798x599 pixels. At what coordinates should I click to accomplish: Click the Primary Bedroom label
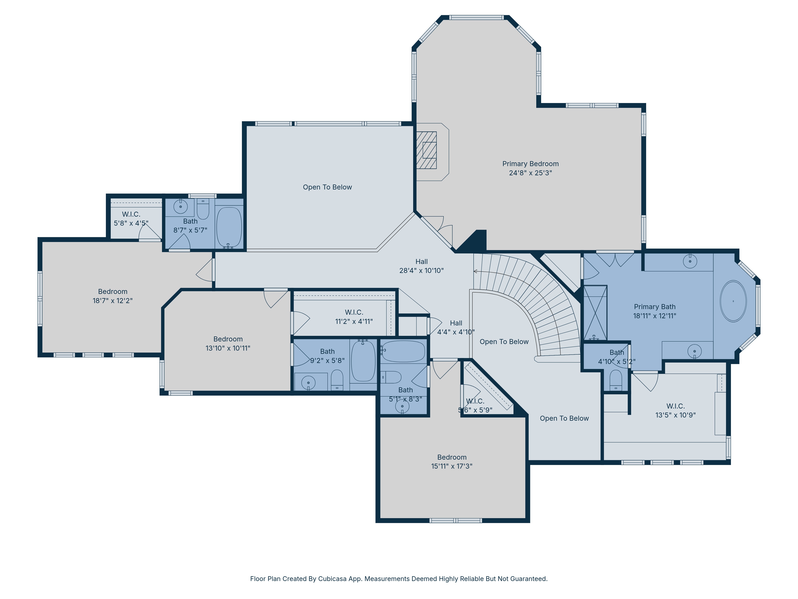click(x=530, y=168)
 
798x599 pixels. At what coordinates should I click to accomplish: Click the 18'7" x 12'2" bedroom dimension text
click(x=113, y=300)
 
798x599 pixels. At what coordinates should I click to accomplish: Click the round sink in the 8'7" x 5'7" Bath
click(x=180, y=206)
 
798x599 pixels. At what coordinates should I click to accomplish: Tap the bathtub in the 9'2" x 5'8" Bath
click(x=363, y=361)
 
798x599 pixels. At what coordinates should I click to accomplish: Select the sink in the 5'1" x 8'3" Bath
click(x=402, y=407)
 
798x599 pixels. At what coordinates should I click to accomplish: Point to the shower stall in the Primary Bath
click(x=595, y=313)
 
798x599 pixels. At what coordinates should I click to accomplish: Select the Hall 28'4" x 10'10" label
click(x=421, y=266)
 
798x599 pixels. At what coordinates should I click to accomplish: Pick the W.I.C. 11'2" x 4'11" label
click(x=354, y=317)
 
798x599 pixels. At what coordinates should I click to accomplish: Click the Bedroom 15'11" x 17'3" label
click(x=452, y=462)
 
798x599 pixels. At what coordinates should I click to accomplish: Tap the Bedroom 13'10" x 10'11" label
click(x=228, y=343)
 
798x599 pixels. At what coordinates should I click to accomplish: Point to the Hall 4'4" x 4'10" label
click(x=456, y=327)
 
